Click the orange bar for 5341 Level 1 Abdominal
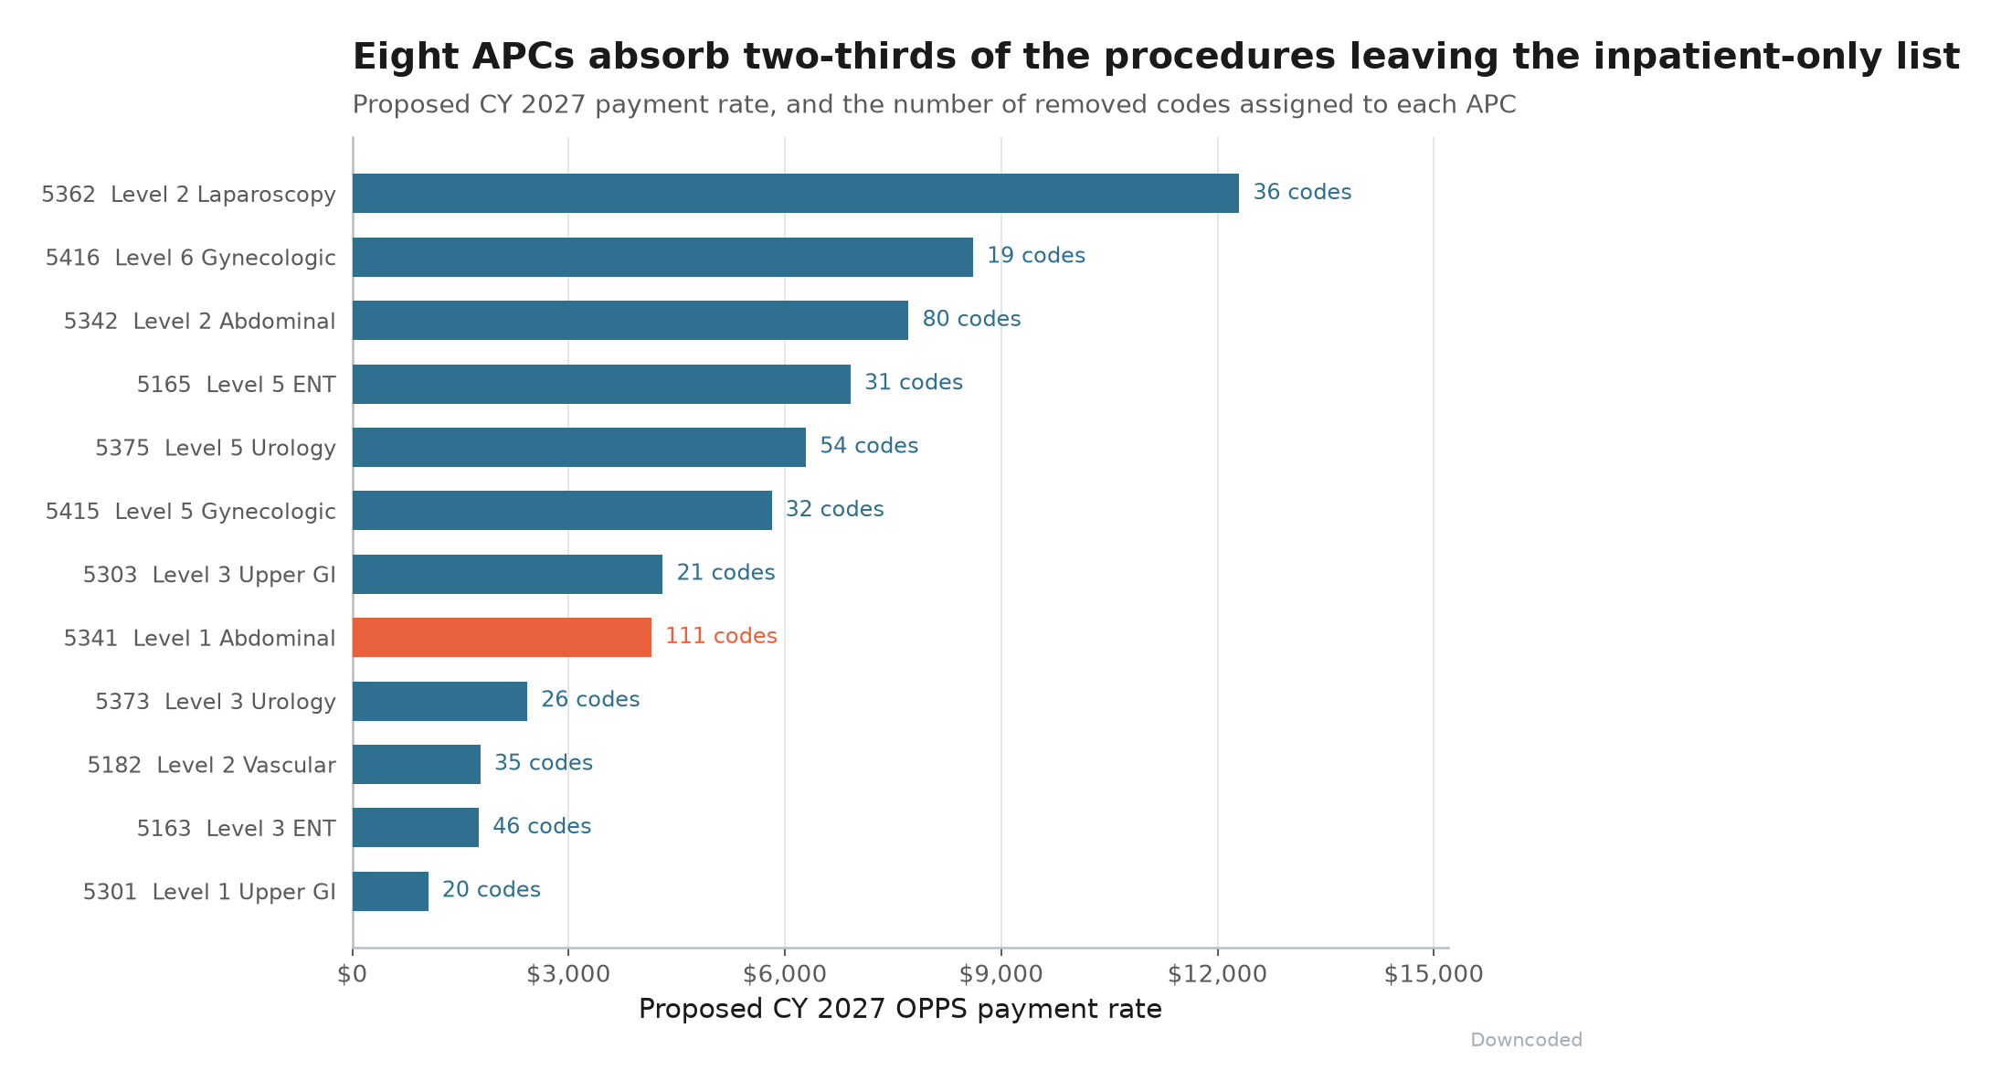pos(502,637)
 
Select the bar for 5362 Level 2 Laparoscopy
pos(796,193)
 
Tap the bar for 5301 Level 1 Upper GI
pos(390,891)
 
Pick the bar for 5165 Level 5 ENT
pos(601,384)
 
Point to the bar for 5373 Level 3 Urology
pos(439,701)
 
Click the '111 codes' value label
pos(721,636)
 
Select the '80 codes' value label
pos(971,319)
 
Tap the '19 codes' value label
pos(1036,256)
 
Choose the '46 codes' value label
pos(542,826)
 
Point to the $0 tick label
pos(353,974)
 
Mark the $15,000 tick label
pos(1434,974)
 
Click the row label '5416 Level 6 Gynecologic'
pos(191,258)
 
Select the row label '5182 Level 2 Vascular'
pos(212,765)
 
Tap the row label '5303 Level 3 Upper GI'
pos(209,575)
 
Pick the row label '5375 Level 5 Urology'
pos(216,448)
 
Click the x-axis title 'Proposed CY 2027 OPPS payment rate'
pos(900,1009)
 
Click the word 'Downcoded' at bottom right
pos(1526,1040)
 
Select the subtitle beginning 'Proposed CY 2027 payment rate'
pos(934,105)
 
